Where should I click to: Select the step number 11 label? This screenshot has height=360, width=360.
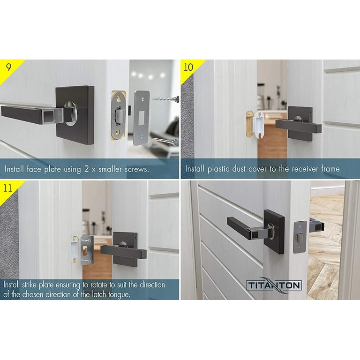8,188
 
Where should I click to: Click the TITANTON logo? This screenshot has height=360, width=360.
274,285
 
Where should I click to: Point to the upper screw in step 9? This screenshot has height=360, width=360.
165,99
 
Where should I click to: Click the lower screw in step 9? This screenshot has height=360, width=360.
165,140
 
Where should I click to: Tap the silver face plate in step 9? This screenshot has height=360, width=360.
141,118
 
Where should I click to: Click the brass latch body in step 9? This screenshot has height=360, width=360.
119,115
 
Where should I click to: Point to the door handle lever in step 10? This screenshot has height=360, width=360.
299,126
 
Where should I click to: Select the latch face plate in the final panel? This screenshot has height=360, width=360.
300,237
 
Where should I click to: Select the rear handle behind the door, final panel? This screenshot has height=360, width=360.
317,225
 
